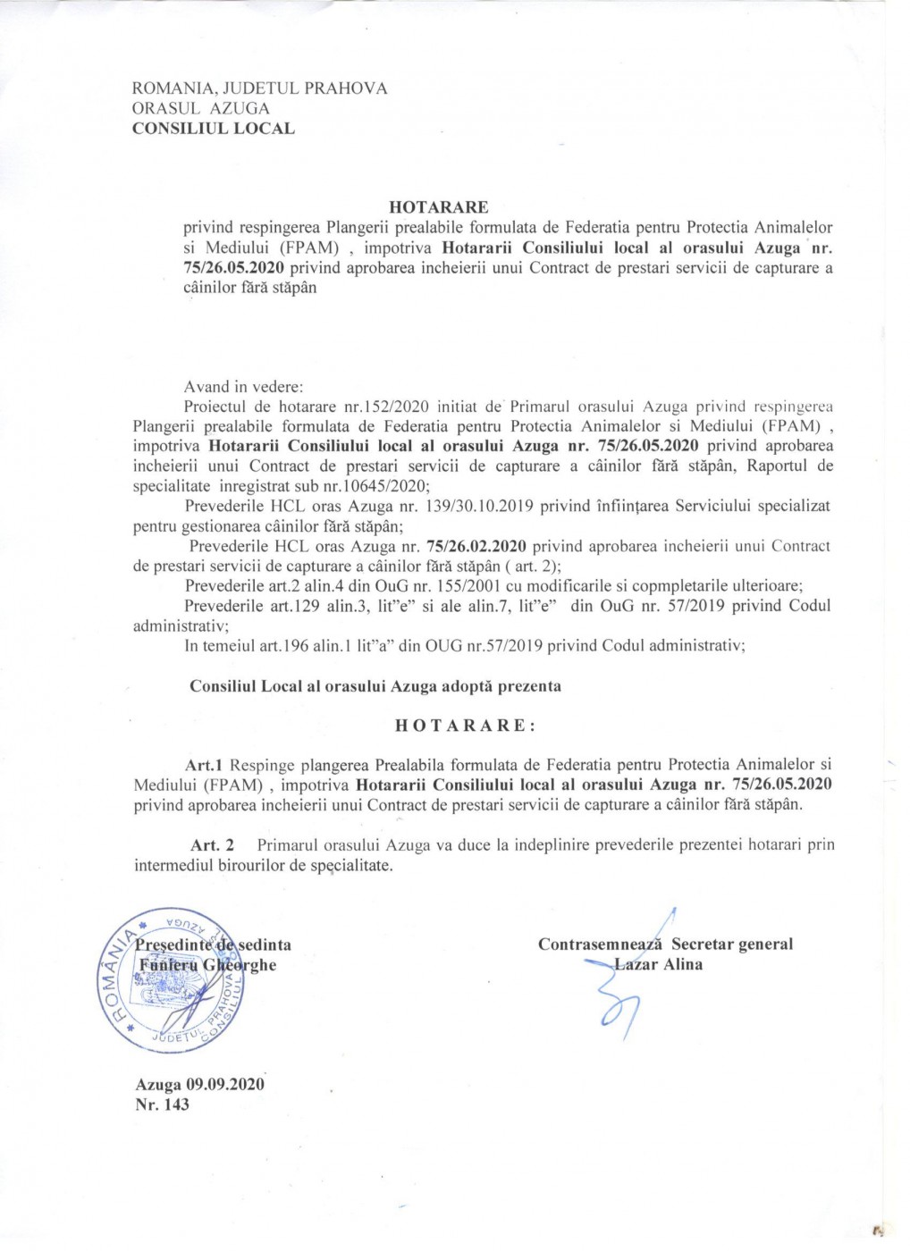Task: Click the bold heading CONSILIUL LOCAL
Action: point(213,129)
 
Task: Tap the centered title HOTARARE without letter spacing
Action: point(439,207)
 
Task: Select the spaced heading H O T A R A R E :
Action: point(465,726)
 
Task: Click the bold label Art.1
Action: point(204,765)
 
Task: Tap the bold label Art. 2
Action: point(213,845)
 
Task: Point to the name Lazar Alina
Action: point(659,965)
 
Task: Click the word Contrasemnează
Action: point(600,945)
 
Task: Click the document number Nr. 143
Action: point(162,1105)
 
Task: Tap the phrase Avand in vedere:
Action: point(243,387)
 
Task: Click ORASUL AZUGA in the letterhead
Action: point(200,108)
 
